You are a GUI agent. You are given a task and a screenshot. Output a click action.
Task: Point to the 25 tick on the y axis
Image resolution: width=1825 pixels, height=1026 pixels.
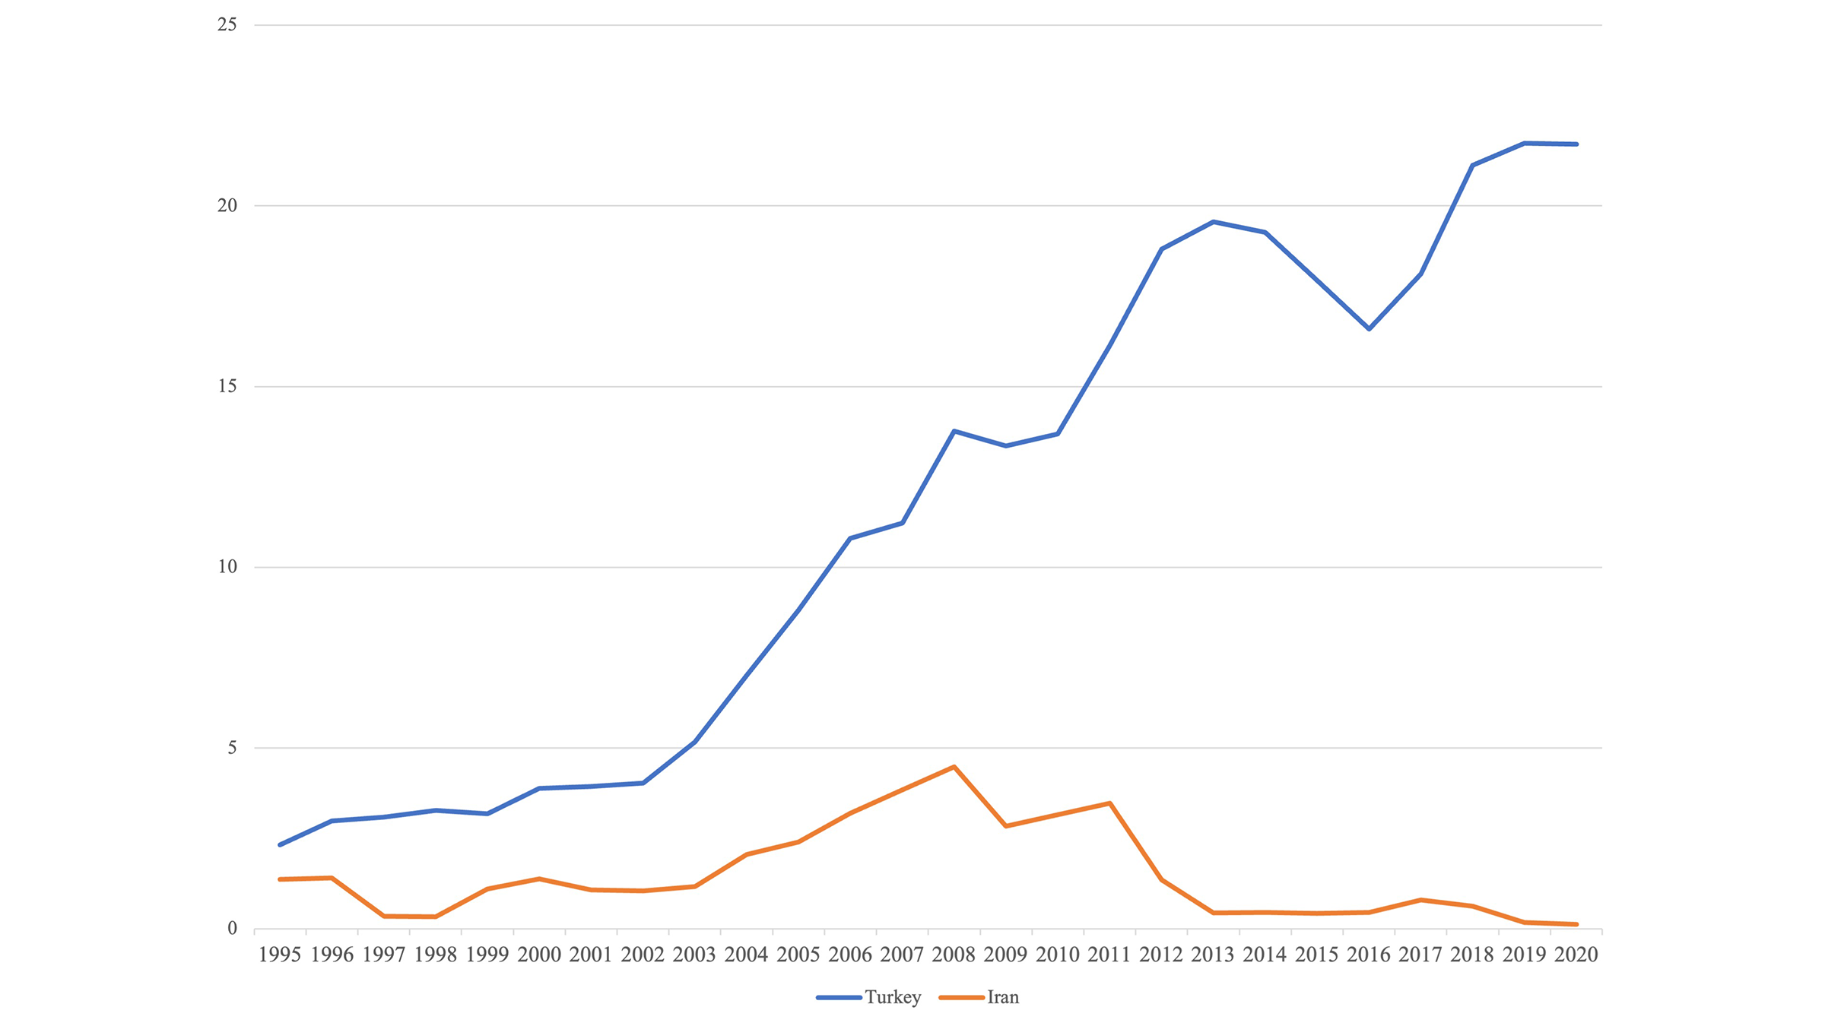click(227, 25)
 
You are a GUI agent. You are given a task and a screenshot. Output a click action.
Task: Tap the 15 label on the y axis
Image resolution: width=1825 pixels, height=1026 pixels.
click(227, 386)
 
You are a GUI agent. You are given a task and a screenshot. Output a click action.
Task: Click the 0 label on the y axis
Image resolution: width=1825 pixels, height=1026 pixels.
click(232, 928)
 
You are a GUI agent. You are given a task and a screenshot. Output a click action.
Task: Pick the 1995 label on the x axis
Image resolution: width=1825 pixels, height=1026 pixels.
click(280, 955)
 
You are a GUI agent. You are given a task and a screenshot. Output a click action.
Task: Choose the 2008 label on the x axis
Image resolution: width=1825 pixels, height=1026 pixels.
click(954, 955)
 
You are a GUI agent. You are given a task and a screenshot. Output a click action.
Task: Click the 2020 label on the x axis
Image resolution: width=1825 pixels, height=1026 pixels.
click(1576, 955)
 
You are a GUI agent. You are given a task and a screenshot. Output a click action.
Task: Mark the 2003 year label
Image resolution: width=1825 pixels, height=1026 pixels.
click(694, 955)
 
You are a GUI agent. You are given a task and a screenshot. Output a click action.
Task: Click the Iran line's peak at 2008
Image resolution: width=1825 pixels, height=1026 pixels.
click(954, 767)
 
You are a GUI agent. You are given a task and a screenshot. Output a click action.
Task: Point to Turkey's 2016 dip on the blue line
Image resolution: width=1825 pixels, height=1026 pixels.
click(1369, 329)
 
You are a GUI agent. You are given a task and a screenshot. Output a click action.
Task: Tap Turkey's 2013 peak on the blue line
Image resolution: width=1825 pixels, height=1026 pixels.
click(1214, 222)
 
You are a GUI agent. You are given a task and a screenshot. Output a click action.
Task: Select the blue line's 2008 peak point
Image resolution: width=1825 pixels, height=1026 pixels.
click(954, 431)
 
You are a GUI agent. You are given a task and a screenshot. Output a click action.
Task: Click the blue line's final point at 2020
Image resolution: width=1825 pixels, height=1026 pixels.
click(1576, 144)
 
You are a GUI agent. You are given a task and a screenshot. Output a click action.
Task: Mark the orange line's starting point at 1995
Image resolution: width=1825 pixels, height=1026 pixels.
click(280, 879)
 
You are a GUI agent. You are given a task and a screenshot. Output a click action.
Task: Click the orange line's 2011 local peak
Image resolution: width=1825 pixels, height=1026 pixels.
click(1109, 803)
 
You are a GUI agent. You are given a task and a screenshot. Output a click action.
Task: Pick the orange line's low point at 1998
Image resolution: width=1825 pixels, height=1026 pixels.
click(435, 917)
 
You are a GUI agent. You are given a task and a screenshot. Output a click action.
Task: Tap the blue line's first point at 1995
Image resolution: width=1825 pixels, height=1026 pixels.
click(280, 844)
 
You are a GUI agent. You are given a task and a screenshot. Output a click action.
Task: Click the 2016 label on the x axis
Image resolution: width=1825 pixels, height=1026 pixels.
click(1369, 955)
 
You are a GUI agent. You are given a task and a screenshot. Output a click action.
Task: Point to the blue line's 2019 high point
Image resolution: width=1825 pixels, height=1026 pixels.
click(1525, 143)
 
